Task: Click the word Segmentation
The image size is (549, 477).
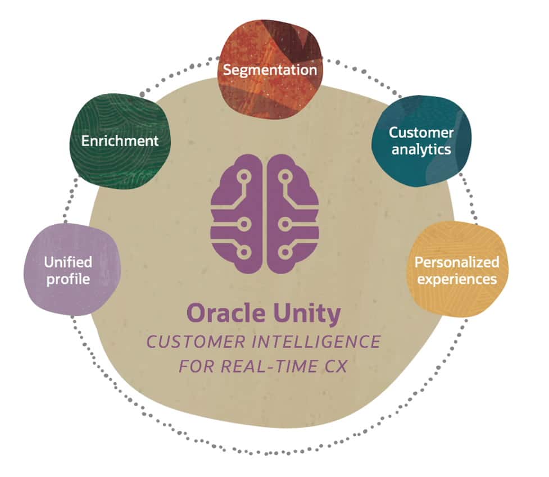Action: (x=270, y=70)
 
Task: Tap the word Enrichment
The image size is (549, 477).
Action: (x=120, y=140)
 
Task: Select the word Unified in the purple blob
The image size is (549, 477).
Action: (x=68, y=262)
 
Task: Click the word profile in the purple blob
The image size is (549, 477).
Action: (x=68, y=278)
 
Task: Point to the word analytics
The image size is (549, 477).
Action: (x=421, y=149)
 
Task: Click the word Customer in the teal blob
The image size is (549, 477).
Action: (x=421, y=133)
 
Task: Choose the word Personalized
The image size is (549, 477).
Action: (x=456, y=262)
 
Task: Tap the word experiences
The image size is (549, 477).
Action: (x=456, y=278)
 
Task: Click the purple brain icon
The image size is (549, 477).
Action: (x=264, y=213)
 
